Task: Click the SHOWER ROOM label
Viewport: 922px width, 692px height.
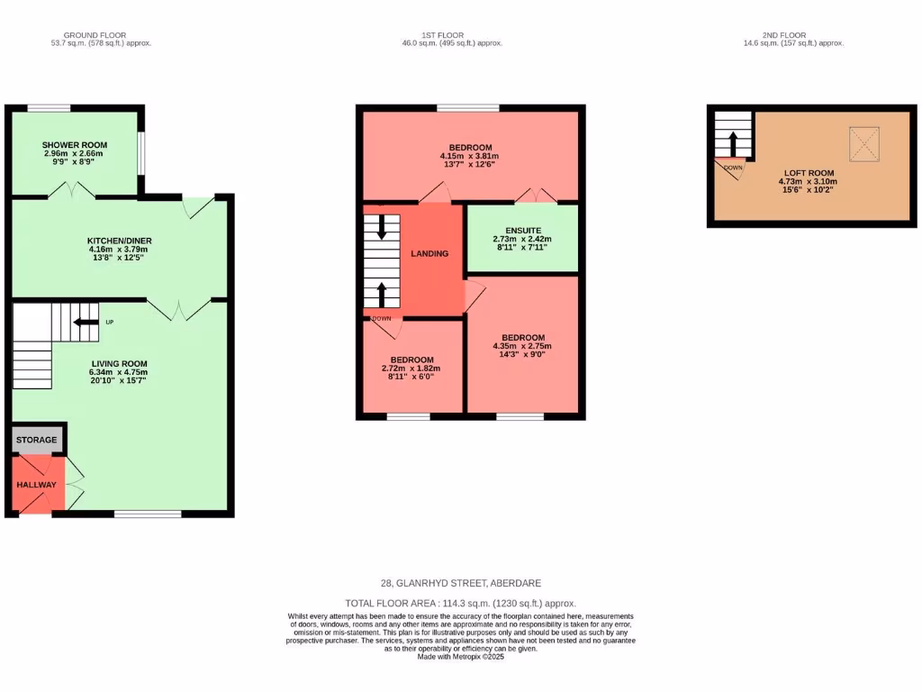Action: tap(75, 145)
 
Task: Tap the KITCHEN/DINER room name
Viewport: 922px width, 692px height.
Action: tap(119, 241)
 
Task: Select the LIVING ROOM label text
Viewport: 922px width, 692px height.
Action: tap(118, 363)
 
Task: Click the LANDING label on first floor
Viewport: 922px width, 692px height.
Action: tap(429, 253)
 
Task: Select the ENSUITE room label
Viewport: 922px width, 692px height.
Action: tap(522, 231)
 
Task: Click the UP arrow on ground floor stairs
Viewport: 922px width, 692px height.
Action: tap(86, 322)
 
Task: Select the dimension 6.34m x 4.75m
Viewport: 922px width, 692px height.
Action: tap(118, 372)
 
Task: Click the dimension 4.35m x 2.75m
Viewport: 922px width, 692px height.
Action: tap(522, 347)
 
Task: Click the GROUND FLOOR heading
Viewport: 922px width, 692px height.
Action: tap(101, 34)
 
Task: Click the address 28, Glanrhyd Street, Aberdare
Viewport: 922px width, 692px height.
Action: tap(460, 583)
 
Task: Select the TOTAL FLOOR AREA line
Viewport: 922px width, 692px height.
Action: tap(460, 604)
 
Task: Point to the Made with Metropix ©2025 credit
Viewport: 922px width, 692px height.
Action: tap(460, 656)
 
